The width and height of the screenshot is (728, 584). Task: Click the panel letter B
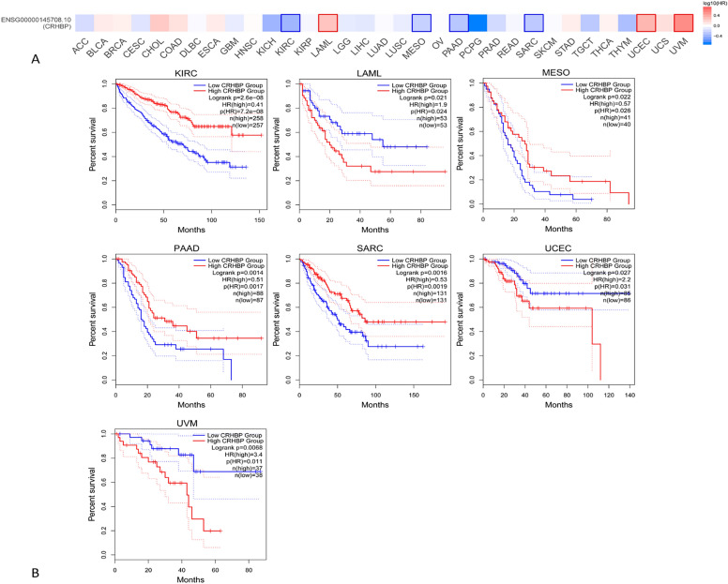[x=59, y=571]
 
